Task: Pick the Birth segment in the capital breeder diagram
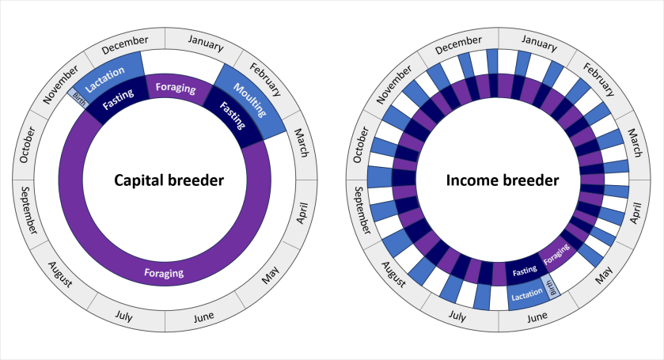tap(79, 98)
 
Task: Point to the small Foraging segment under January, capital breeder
tap(175, 87)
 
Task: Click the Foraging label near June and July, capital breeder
tap(164, 274)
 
